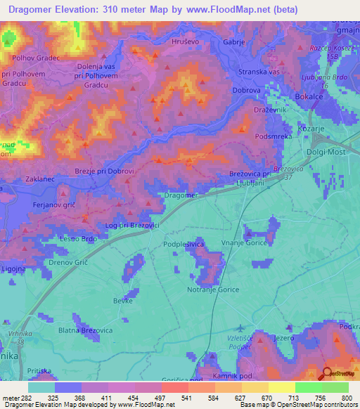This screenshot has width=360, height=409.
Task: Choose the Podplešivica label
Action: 184,244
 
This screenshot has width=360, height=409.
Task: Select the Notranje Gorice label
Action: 214,290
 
